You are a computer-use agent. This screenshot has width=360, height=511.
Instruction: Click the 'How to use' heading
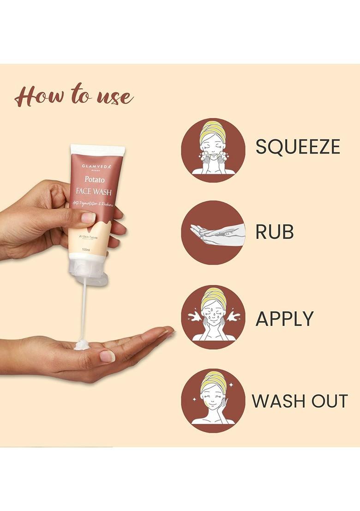(74, 96)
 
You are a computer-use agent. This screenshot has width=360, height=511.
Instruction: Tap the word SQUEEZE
(298, 146)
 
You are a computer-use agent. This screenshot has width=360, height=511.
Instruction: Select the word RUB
(275, 232)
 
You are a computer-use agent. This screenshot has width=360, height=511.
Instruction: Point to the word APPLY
(284, 319)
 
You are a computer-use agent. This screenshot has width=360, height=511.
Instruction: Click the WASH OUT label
(300, 401)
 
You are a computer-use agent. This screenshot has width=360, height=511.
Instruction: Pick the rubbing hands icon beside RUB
(213, 232)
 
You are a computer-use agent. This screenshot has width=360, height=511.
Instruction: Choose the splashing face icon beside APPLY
(213, 316)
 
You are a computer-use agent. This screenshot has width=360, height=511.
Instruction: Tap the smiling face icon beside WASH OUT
(213, 400)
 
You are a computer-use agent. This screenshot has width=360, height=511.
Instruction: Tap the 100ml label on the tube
(86, 250)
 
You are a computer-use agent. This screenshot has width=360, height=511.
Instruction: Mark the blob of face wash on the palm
(82, 344)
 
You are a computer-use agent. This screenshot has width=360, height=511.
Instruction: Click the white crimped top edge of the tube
(97, 150)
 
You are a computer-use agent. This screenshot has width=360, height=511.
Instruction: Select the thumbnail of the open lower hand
(107, 356)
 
